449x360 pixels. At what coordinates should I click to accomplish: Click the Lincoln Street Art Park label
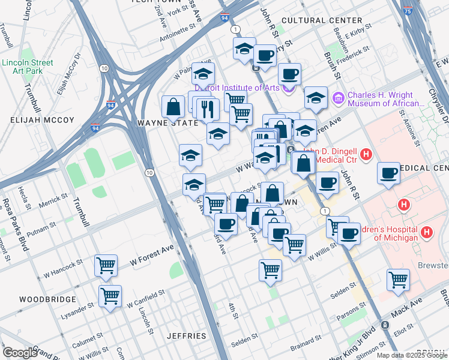27,67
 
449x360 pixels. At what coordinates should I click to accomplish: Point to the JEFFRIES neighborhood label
187,336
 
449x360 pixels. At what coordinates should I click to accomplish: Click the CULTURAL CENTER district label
321,20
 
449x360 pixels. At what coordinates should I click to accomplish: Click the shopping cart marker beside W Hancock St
106,265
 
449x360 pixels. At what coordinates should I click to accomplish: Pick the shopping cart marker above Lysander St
110,295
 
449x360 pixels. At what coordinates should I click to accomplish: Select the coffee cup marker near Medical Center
388,173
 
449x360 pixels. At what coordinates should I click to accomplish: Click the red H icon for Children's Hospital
427,231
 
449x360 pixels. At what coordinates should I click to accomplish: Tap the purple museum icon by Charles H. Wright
338,96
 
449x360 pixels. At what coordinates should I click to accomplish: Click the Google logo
20,353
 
